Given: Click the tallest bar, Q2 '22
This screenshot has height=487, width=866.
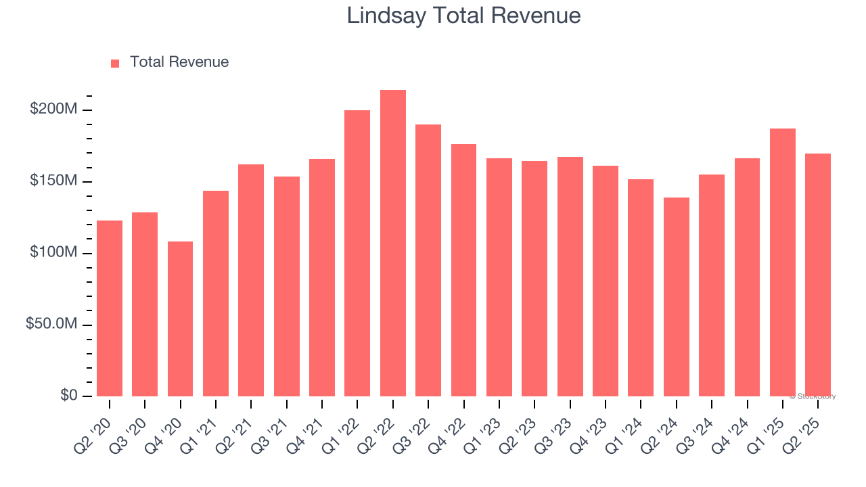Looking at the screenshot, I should point(393,243).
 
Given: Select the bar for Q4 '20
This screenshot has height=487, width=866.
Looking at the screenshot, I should point(180,319).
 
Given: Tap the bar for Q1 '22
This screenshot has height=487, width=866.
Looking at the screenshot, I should point(357,253).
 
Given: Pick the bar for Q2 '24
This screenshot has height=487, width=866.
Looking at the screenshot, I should point(677,297).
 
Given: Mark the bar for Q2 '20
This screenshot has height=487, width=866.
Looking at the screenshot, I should point(110,308).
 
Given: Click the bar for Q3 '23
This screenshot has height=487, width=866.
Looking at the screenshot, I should point(570,277).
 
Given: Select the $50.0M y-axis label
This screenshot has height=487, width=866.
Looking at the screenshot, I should point(51,325).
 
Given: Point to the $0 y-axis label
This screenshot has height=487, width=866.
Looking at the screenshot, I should point(67,396).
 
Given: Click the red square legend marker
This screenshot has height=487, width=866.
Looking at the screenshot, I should point(115,64).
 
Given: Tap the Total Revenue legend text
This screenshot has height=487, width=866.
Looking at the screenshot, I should point(179,62).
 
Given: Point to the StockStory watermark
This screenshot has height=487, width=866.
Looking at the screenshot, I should point(813,396).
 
